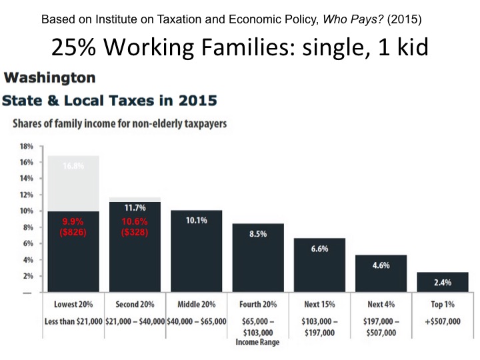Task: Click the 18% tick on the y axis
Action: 26,146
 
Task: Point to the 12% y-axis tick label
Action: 26,195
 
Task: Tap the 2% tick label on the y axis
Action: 28,276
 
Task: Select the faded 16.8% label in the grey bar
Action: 73,166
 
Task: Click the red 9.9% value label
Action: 73,221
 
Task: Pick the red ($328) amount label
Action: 135,232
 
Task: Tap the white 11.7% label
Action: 135,208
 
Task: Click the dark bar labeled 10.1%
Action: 197,251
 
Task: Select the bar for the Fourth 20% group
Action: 258,258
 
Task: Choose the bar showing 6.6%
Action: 319,265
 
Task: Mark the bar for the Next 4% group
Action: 381,273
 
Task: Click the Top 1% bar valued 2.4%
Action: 443,282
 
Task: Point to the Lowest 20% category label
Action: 73,304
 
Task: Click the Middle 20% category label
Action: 197,304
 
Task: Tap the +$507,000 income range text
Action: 443,321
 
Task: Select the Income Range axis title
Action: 257,342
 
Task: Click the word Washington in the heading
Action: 49,77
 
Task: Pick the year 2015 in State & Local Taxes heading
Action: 198,101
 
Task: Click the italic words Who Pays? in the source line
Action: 353,19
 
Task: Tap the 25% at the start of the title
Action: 73,47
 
